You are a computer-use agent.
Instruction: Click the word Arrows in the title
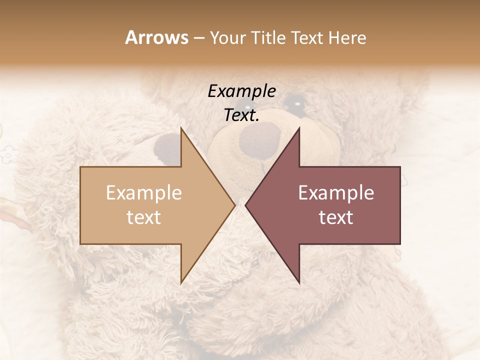pyautogui.click(x=156, y=37)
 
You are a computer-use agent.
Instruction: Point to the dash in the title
pyautogui.click(x=198, y=38)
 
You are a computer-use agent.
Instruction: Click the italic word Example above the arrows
pyautogui.click(x=242, y=91)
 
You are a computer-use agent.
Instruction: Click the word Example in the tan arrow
pyautogui.click(x=144, y=192)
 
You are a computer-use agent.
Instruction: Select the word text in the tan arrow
pyautogui.click(x=144, y=217)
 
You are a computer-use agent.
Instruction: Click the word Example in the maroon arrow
pyautogui.click(x=336, y=192)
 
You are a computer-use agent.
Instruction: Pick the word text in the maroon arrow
pyautogui.click(x=336, y=217)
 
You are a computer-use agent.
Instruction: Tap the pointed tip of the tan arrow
pyautogui.click(x=234, y=205)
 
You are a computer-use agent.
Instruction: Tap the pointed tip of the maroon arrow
pyautogui.click(x=246, y=205)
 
